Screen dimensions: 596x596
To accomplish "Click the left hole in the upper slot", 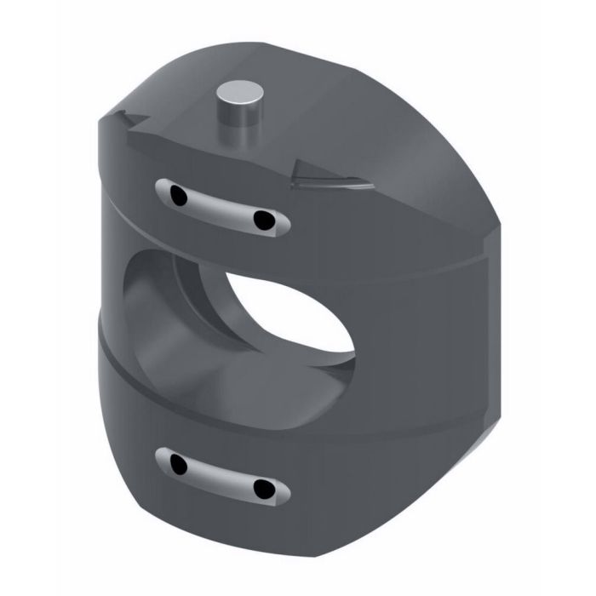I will [178, 197].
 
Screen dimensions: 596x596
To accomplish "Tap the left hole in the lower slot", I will [178, 465].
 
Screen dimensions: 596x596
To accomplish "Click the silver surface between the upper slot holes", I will [221, 209].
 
